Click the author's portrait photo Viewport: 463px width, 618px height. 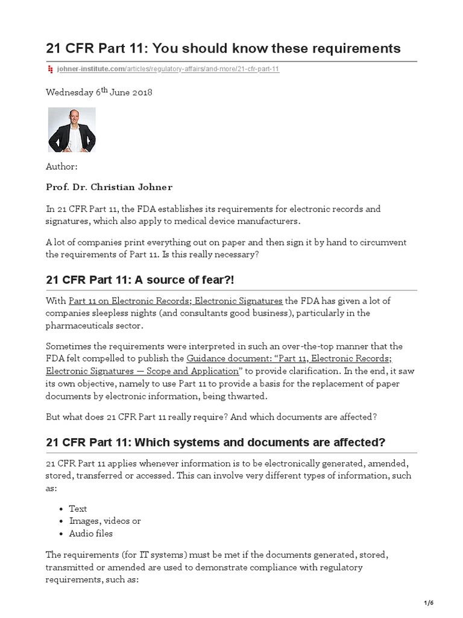72,130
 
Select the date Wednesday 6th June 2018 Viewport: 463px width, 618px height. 99,92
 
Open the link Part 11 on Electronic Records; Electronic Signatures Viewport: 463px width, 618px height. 175,301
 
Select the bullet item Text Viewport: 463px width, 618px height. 78,509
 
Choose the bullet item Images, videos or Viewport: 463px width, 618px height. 105,521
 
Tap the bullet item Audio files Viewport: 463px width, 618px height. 90,534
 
